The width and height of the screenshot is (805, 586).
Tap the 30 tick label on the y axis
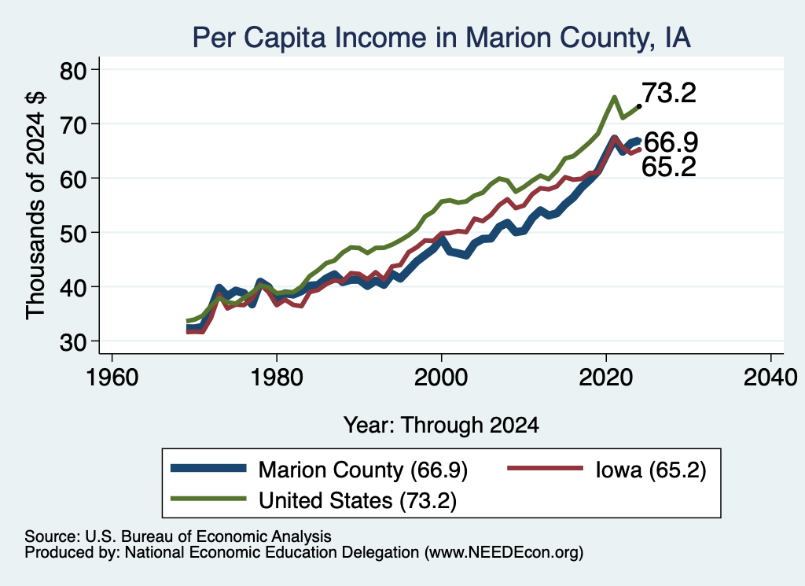click(x=73, y=341)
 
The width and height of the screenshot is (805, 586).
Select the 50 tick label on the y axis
click(x=73, y=233)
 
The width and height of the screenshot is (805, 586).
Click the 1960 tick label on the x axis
click(x=112, y=378)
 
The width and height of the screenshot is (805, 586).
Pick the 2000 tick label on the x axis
click(x=441, y=378)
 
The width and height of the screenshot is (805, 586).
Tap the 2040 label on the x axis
click(x=770, y=378)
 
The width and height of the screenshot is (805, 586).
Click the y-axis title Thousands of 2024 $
click(x=35, y=205)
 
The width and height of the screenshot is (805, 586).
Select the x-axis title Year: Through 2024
click(x=441, y=426)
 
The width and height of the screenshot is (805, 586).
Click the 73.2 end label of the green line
click(x=669, y=93)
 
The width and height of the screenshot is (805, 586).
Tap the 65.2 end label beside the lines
click(x=669, y=167)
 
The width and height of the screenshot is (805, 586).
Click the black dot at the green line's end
click(x=638, y=106)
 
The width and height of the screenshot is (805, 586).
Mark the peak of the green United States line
click(x=614, y=97)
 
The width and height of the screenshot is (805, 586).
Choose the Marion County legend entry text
click(x=363, y=470)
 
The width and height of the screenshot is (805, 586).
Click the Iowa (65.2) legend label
click(x=651, y=470)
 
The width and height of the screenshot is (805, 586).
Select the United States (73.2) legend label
click(x=358, y=500)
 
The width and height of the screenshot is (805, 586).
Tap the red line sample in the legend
click(x=546, y=468)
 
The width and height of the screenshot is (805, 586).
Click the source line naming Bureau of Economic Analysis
click(x=178, y=536)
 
